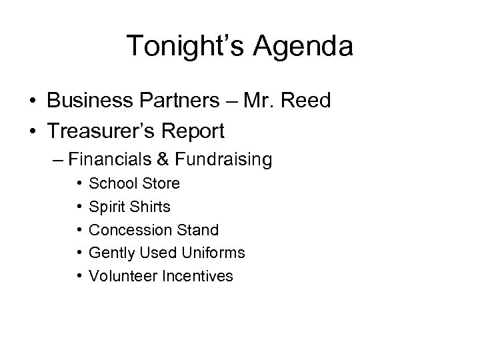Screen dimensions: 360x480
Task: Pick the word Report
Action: (192, 131)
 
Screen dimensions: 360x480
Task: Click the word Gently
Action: (110, 253)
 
